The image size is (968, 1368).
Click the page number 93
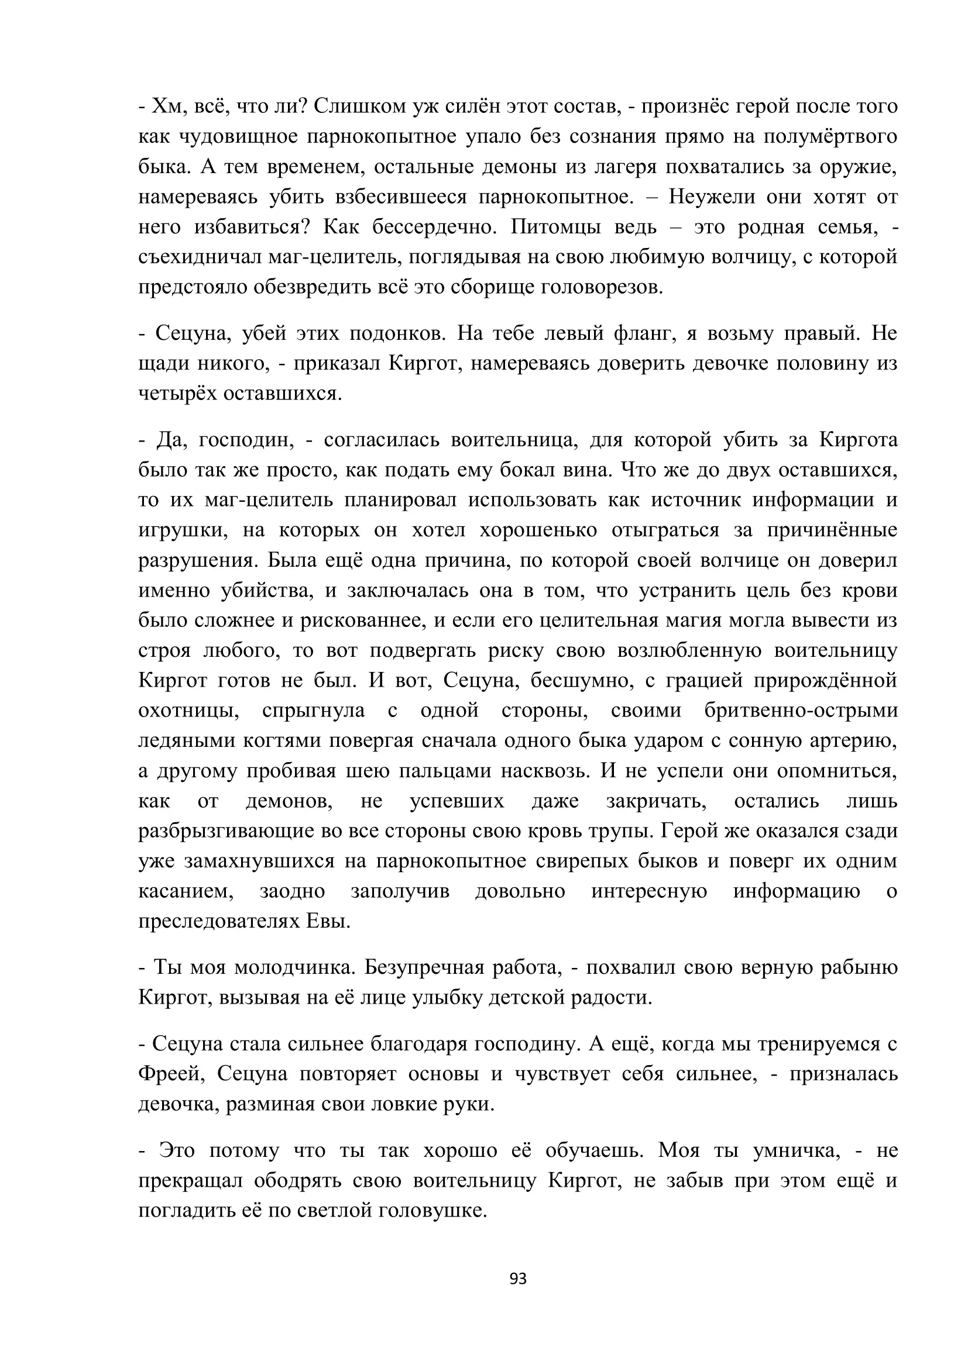click(x=518, y=1279)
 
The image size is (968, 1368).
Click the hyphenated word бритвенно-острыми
click(x=801, y=711)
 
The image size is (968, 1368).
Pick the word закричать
click(x=656, y=801)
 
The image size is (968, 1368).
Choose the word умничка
click(x=797, y=1150)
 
